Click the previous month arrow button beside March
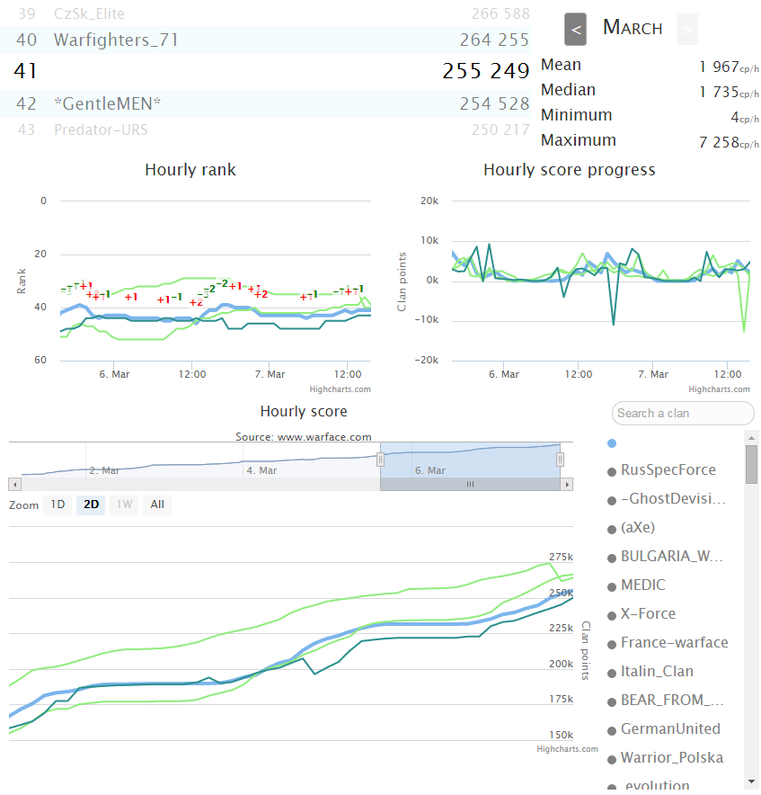576,29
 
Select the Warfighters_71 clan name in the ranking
116,40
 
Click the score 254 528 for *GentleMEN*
494,103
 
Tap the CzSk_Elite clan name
89,13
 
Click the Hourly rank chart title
190,170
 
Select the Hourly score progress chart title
570,170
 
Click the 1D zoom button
58,505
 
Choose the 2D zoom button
91,505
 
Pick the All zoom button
157,505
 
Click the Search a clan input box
683,413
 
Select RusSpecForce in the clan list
668,469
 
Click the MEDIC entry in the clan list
642,585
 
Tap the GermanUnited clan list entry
669,728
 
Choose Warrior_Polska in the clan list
671,757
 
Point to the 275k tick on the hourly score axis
561,556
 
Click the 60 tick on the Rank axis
40,360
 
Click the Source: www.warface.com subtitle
304,437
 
